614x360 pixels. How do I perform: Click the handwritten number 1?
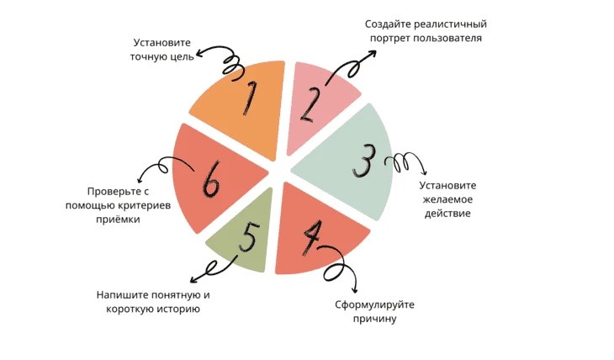tap(248, 99)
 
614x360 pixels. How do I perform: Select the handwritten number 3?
tap(364, 162)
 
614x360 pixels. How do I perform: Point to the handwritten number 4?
tap(312, 240)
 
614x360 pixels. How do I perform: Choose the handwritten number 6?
tap(210, 177)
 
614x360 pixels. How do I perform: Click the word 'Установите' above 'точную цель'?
tap(162, 42)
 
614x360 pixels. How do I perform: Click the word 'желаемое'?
tap(447, 199)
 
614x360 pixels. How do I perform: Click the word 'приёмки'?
tap(118, 219)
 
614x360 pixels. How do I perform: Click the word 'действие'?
tap(447, 214)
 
